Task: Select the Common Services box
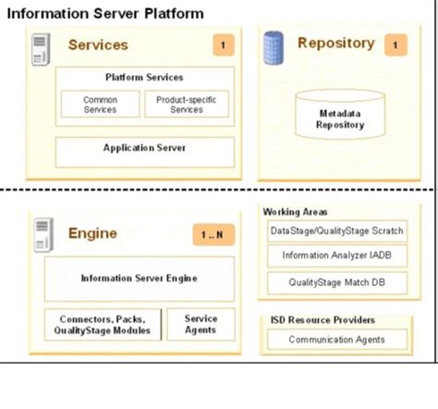tap(100, 104)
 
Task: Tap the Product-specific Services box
tap(186, 104)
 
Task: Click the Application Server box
tap(144, 148)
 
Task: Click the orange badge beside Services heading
tap(222, 44)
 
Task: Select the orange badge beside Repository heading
tap(395, 43)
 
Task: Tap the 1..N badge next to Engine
tap(213, 234)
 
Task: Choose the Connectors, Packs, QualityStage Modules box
tap(104, 324)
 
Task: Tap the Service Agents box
tap(201, 324)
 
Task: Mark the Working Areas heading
tap(295, 211)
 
